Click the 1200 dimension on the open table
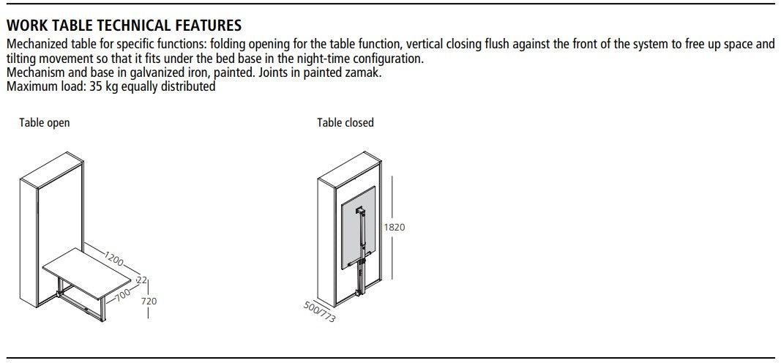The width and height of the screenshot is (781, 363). [x=113, y=258]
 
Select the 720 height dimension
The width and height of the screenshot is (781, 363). [x=149, y=301]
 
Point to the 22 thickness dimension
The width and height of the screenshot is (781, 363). [x=142, y=280]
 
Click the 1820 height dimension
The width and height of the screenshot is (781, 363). [x=395, y=228]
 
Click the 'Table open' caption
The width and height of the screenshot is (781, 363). [x=45, y=123]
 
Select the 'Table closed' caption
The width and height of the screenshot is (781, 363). [x=345, y=122]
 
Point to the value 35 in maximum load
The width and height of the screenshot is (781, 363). [x=97, y=86]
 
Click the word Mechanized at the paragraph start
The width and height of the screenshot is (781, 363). [x=32, y=44]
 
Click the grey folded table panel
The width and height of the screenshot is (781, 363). [x=358, y=228]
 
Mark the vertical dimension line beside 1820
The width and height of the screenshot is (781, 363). [x=393, y=228]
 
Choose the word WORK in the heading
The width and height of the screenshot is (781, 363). [x=24, y=25]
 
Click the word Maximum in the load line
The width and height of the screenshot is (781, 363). [x=27, y=86]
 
